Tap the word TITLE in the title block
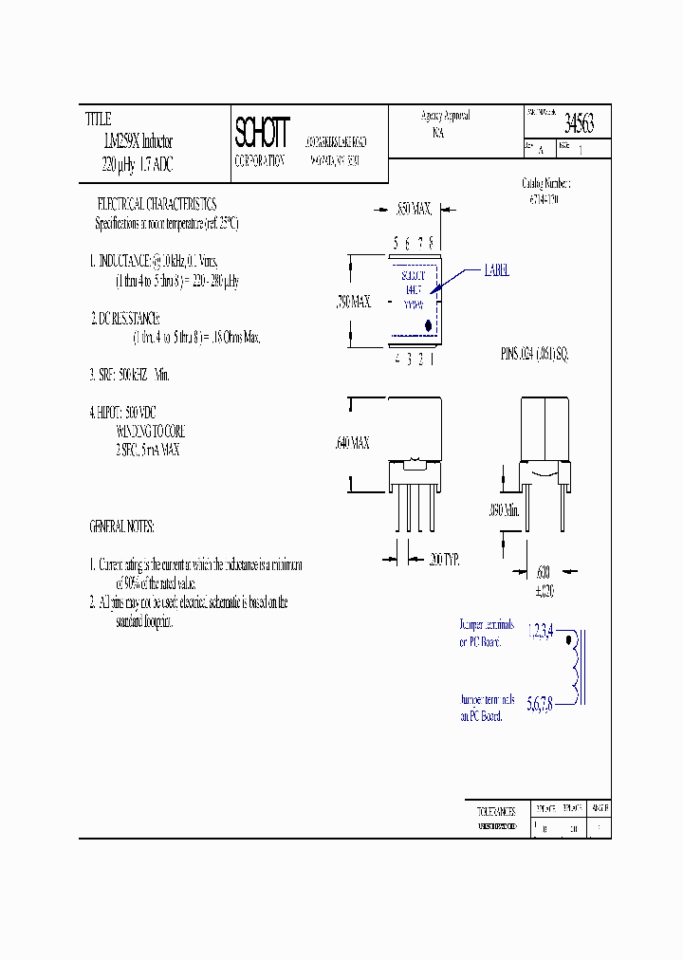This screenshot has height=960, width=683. [99, 120]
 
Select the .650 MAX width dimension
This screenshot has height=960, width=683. [414, 206]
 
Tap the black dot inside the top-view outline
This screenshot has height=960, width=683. [428, 326]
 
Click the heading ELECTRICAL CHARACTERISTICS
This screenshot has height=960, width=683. [157, 204]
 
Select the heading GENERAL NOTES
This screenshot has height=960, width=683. [121, 526]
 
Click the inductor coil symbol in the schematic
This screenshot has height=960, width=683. [575, 669]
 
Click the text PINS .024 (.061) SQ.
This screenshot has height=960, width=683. [533, 353]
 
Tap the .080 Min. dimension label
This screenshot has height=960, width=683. [505, 510]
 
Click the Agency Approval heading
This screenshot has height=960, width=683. [445, 116]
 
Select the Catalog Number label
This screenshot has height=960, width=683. [546, 182]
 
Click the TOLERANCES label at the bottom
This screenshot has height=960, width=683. [495, 811]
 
